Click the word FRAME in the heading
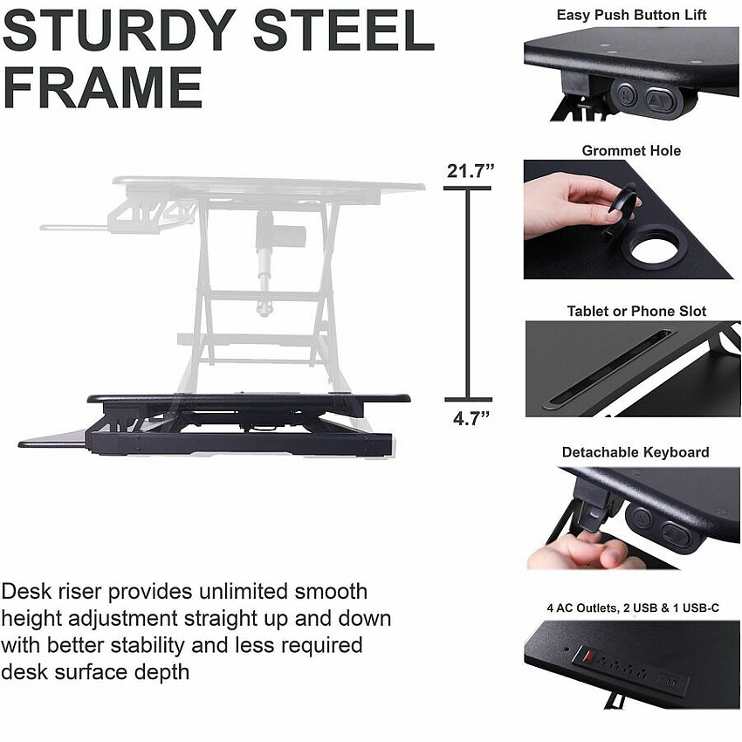103,87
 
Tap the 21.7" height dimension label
470,171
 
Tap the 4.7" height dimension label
471,418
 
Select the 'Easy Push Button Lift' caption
631,15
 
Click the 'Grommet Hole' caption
631,150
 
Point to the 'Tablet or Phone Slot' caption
636,311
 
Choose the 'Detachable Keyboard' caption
636,452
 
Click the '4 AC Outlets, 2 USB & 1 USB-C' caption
633,608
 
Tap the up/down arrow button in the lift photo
661,99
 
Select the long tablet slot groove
608,369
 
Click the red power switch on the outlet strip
588,656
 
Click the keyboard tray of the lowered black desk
53,439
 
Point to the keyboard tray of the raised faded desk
75,228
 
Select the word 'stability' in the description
141,645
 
